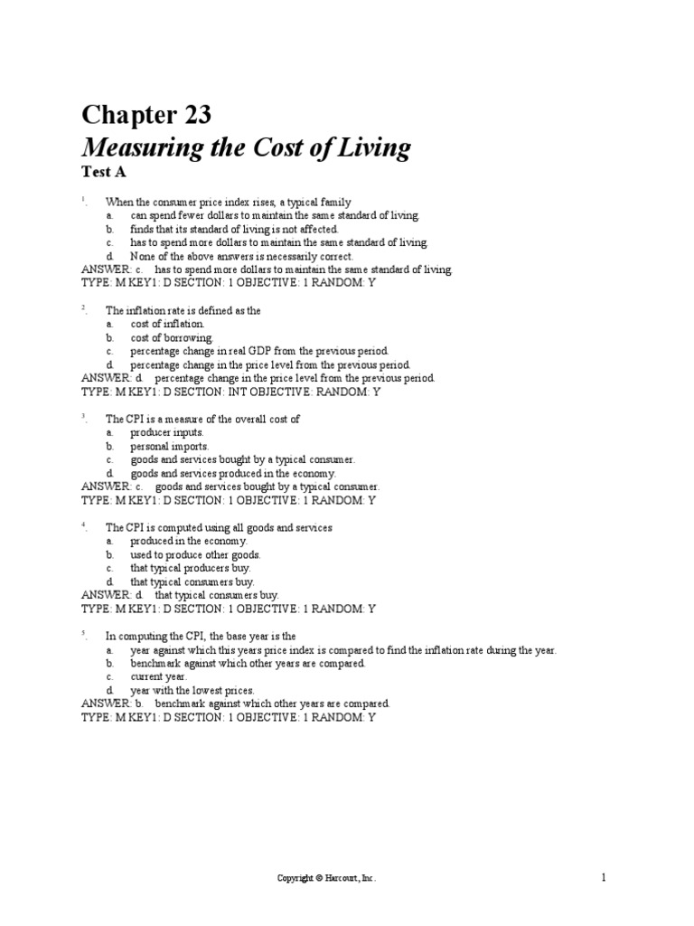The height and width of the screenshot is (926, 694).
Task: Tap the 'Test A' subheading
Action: point(103,172)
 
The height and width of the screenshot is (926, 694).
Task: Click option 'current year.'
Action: point(157,676)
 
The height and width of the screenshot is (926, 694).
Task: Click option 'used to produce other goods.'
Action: point(195,554)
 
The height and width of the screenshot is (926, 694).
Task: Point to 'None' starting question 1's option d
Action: point(142,256)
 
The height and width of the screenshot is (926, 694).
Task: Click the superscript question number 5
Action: point(83,633)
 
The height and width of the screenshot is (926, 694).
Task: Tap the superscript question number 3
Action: point(83,416)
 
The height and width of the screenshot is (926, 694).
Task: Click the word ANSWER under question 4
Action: point(106,595)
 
